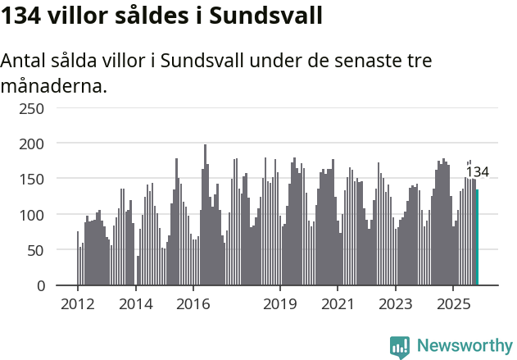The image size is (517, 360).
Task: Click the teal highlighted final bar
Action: pos(478,238)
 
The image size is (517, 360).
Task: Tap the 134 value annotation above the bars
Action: pos(478,172)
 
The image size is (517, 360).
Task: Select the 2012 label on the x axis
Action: pos(78,304)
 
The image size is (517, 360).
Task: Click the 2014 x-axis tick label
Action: pos(135,304)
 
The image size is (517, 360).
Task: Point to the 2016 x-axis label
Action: pos(193,304)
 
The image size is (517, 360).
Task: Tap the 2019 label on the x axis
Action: pos(280,304)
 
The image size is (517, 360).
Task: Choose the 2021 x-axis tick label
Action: pos(338,304)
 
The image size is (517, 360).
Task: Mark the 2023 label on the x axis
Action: pos(395,304)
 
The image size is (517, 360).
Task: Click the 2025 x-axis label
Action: pos(452,304)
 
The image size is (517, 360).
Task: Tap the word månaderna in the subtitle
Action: pos(54,84)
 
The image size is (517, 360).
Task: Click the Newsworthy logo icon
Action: pos(399,347)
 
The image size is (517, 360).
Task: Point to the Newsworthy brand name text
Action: pos(464,346)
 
